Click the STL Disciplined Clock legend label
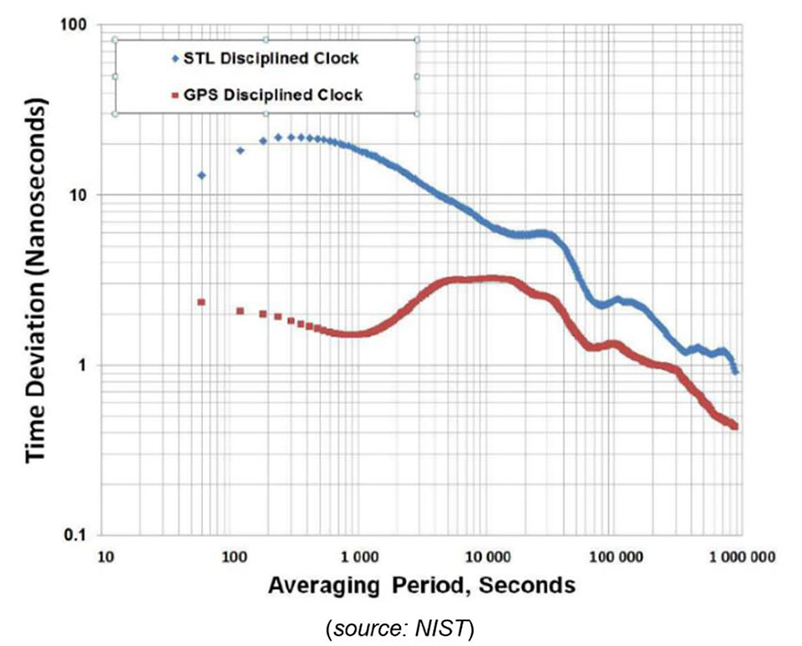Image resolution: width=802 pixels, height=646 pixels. click(272, 59)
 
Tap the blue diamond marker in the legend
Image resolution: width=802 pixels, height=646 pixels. click(174, 59)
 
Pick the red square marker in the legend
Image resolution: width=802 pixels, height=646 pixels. click(174, 96)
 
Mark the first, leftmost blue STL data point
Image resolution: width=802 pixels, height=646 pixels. click(201, 175)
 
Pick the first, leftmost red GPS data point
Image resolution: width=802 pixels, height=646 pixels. click(201, 302)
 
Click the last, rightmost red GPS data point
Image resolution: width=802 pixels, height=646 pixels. click(734, 426)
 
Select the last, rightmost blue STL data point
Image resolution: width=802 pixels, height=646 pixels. click(735, 371)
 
